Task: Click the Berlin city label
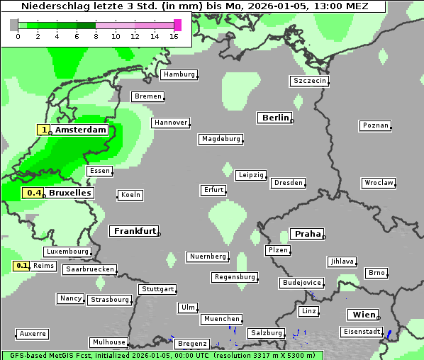click(x=275, y=118)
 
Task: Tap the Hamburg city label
click(x=178, y=74)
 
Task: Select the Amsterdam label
click(x=81, y=130)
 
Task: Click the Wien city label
click(x=363, y=315)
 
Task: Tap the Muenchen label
click(x=222, y=319)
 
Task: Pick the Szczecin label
click(x=310, y=81)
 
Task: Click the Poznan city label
click(x=376, y=125)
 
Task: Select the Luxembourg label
click(x=67, y=252)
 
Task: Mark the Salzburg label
click(x=266, y=332)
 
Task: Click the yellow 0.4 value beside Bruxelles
click(x=33, y=193)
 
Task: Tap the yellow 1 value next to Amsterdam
click(x=45, y=130)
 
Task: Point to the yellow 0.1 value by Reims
click(x=22, y=266)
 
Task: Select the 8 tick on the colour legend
click(x=96, y=36)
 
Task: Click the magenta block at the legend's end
click(x=177, y=25)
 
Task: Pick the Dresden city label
click(x=289, y=183)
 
